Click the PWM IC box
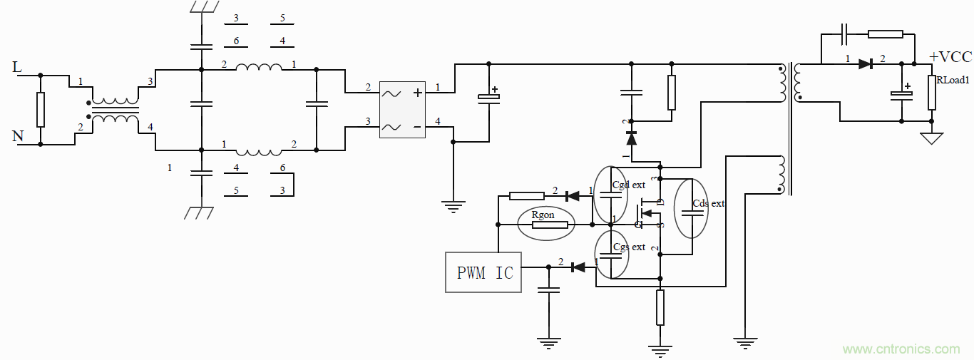click(483, 272)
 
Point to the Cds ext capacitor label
click(708, 203)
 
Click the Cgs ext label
click(629, 247)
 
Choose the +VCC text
click(950, 57)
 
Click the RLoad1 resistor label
click(953, 81)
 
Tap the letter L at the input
click(18, 68)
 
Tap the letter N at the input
click(18, 136)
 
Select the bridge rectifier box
click(402, 109)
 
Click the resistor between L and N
click(41, 109)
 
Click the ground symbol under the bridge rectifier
click(453, 206)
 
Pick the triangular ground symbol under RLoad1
click(931, 138)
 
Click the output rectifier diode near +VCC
click(866, 64)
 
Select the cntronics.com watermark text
click(901, 349)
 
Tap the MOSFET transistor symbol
click(646, 212)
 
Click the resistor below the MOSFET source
click(660, 307)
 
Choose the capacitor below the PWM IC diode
click(548, 290)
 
